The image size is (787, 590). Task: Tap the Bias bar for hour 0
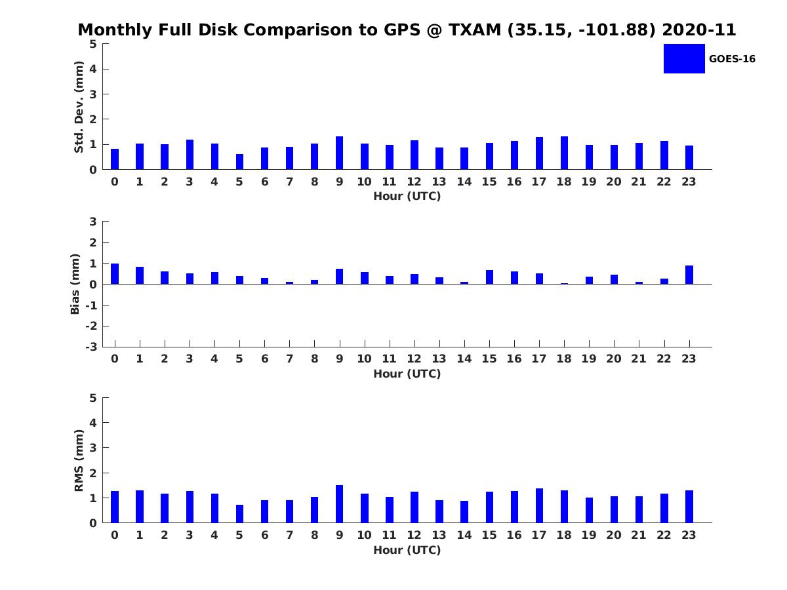(x=115, y=274)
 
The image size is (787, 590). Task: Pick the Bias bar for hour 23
(x=689, y=275)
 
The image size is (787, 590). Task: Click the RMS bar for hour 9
(x=340, y=504)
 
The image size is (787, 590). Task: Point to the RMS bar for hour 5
(x=239, y=514)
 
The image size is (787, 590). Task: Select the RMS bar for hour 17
(x=539, y=505)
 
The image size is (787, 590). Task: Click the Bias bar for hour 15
(x=489, y=277)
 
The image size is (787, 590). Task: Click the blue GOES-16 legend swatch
(x=684, y=59)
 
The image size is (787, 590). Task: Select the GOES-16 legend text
(x=732, y=59)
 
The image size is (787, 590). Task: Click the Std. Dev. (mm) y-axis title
(x=79, y=107)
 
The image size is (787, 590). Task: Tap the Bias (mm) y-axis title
(x=75, y=284)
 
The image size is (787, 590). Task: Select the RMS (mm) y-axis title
(x=79, y=460)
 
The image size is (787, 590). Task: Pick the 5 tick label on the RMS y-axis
(x=93, y=398)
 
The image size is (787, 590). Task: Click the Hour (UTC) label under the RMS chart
(x=407, y=550)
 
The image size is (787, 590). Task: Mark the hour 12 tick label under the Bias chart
(x=414, y=359)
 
